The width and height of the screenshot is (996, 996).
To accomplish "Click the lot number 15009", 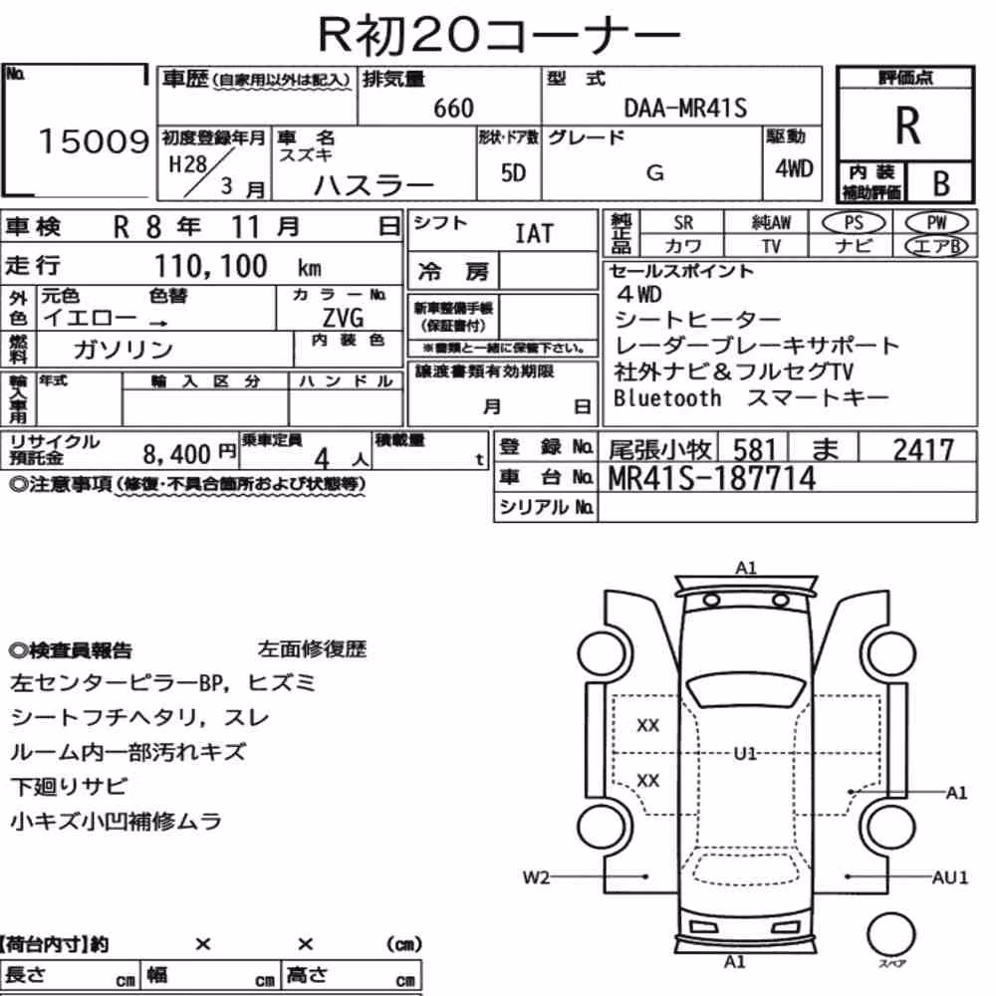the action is tap(94, 141).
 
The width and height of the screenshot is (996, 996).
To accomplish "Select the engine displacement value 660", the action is tap(453, 108).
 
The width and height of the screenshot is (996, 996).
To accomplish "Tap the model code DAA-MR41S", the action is tap(685, 108).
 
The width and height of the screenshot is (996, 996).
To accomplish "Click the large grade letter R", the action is tap(907, 125).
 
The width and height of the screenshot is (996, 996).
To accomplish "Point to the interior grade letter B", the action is tap(941, 183).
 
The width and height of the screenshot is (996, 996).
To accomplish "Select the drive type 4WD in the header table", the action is tap(794, 168).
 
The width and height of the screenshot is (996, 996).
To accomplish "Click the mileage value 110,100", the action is tap(211, 266).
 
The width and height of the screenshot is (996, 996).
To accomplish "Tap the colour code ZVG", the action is tap(343, 317).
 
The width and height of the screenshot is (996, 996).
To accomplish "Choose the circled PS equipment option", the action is tap(854, 222).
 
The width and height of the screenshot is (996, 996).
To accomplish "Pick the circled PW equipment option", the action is tap(936, 222).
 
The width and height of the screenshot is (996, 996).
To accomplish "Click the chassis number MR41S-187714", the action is tap(711, 478).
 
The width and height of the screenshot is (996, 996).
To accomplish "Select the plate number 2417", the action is tap(923, 450).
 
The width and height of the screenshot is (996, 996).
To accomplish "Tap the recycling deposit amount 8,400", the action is tap(176, 454).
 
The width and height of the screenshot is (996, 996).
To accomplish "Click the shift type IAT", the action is tap(534, 234).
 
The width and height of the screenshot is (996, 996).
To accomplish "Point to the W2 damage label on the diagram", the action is tap(536, 877).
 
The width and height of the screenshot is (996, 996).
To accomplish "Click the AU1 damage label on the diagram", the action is tap(949, 877).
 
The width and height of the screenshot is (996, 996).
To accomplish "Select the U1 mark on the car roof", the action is tap(745, 754).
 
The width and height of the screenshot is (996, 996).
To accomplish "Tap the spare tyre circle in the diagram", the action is tap(890, 934).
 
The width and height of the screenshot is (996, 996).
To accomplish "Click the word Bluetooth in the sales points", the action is tap(667, 397).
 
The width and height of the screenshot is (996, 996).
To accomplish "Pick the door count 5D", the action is tap(513, 172).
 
